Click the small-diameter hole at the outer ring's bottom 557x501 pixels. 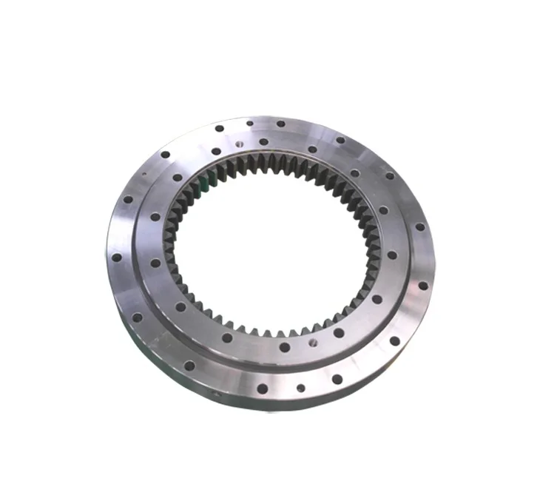(300, 387)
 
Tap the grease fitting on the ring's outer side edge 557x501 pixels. (217, 394)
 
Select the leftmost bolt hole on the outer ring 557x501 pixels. (116, 258)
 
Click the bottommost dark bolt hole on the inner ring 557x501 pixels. (285, 347)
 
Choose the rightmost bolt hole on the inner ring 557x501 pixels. (392, 255)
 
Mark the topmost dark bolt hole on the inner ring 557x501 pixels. (264, 141)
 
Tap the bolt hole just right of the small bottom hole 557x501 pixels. (337, 379)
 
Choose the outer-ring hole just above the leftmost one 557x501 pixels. (127, 199)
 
